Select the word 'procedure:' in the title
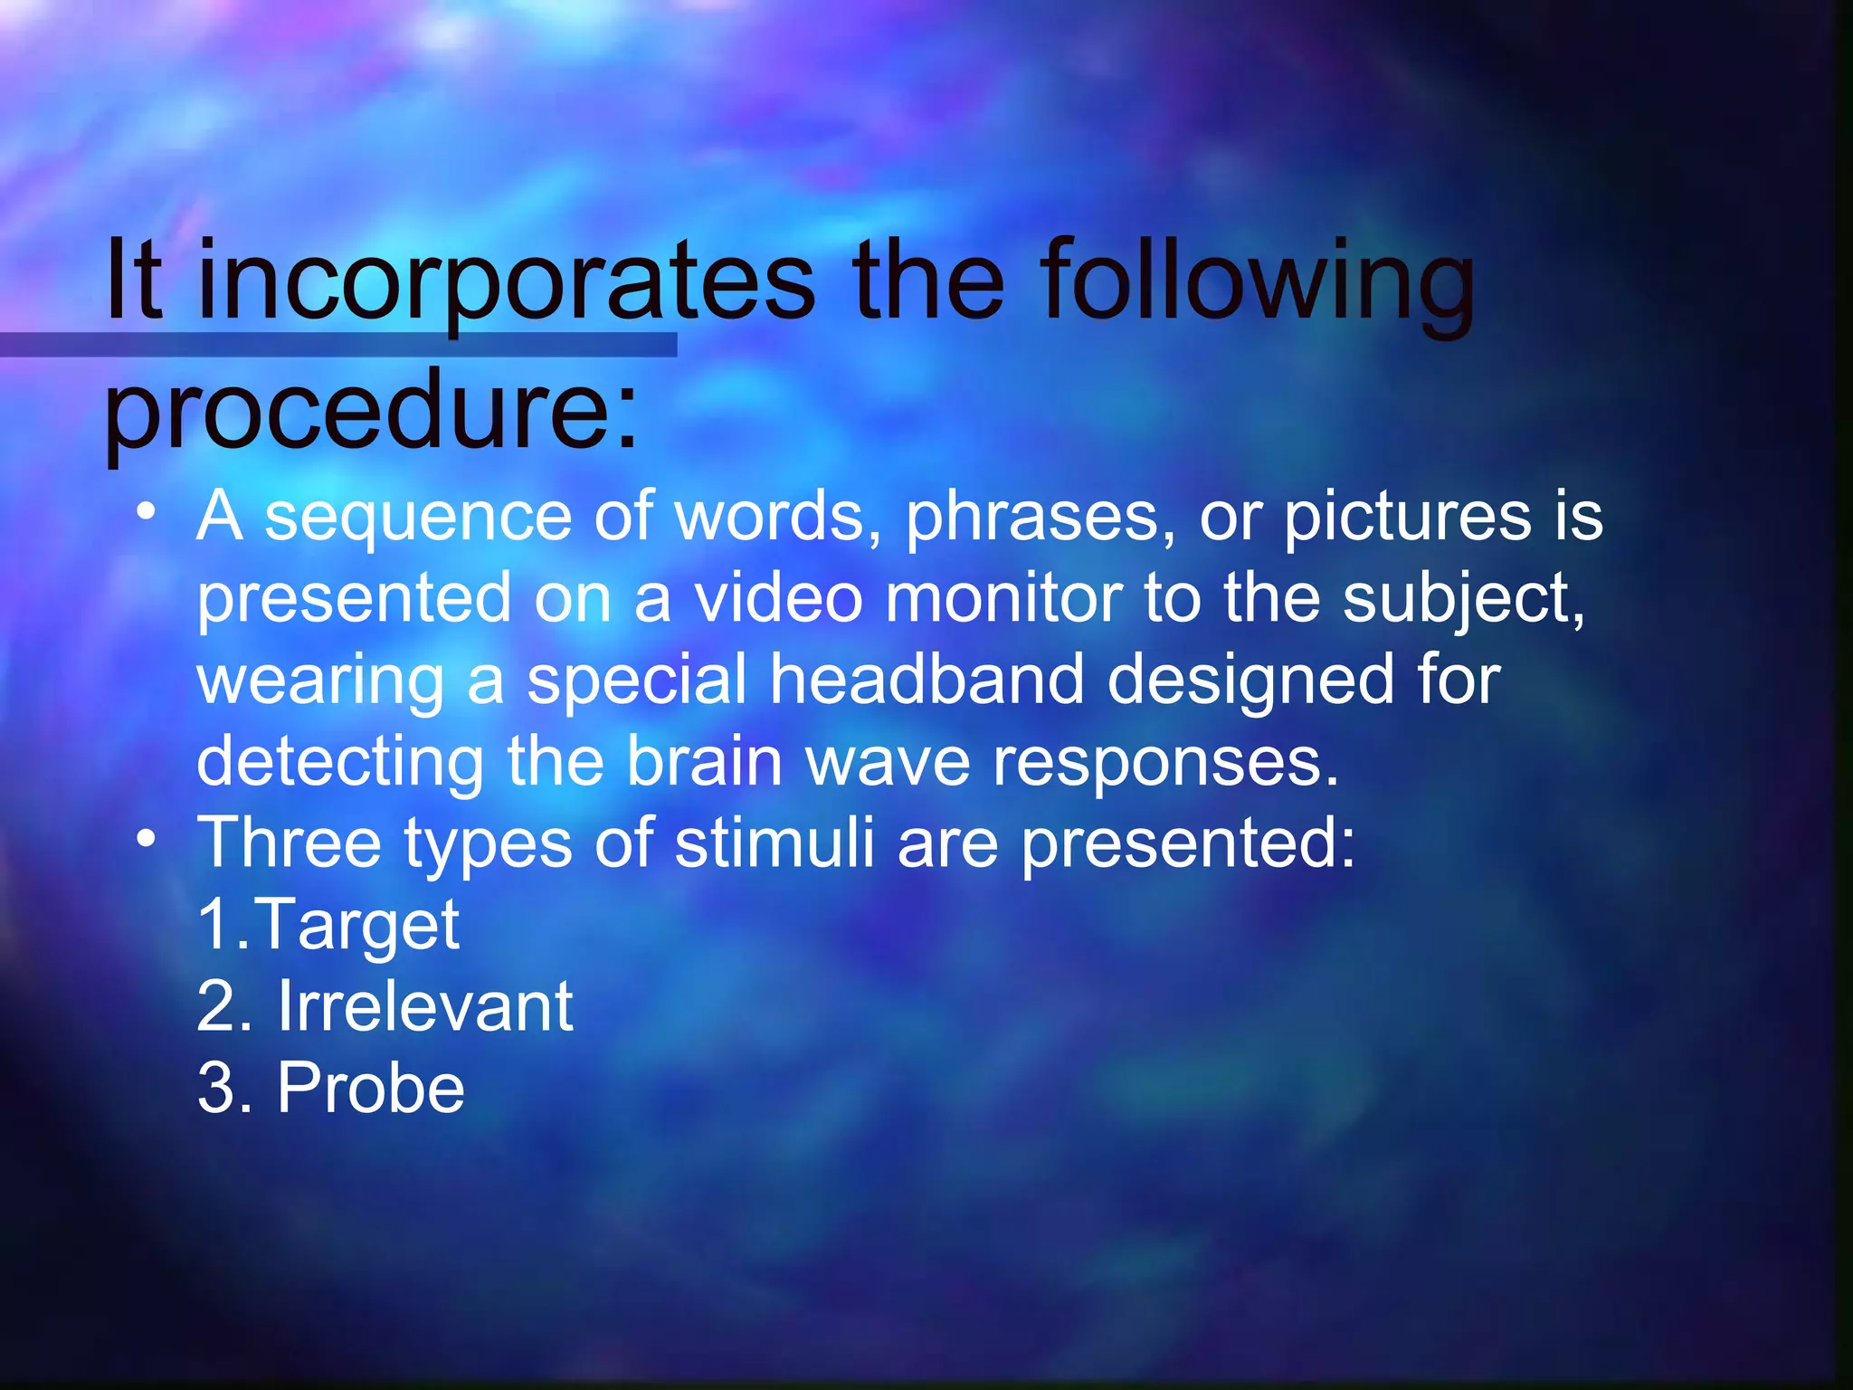coord(372,412)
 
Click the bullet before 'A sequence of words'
coord(146,511)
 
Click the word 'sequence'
coord(418,516)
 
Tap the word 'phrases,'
coord(1041,518)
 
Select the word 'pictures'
coord(1408,518)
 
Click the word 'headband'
coord(926,680)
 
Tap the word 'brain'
coord(704,761)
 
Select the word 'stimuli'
coord(774,843)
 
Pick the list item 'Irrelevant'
coord(424,1005)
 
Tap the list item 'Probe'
coord(370,1087)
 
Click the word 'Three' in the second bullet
coord(289,843)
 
